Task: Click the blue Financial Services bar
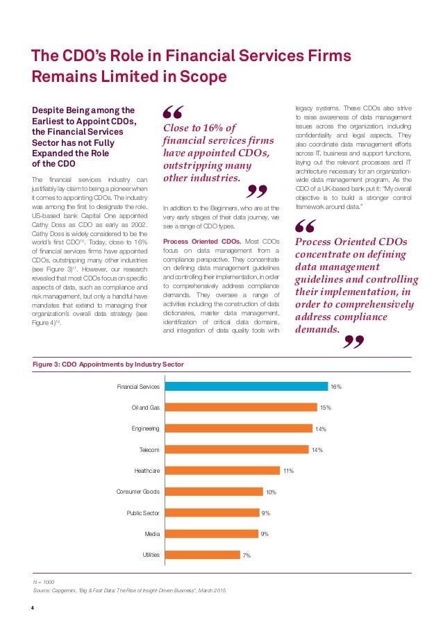coord(244,386)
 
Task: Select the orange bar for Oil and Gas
coord(240,408)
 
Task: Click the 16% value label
coord(335,386)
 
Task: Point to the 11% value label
coord(288,471)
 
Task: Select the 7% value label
coord(246,555)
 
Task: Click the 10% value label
coord(271,492)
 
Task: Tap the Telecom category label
coord(149,450)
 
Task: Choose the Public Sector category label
coord(143,512)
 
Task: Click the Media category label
coord(152,533)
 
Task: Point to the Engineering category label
coord(146,428)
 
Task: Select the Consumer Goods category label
coord(138,492)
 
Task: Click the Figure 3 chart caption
coord(109,364)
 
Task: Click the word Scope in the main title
coord(201,77)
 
